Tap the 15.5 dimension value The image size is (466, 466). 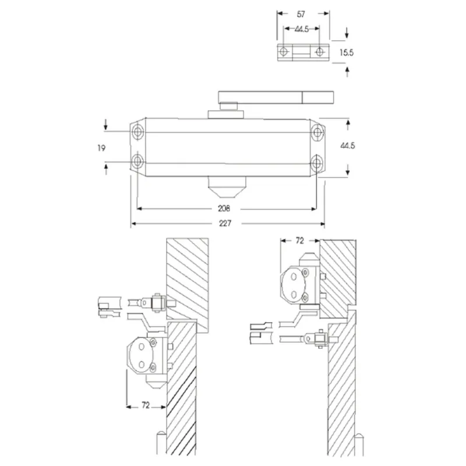[347, 52]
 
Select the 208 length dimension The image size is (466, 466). [224, 208]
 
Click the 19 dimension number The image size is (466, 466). [102, 149]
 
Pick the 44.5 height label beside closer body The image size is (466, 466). [347, 146]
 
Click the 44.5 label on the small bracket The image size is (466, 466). [302, 28]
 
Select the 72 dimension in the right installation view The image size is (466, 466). [300, 240]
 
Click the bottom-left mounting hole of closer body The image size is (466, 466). [138, 161]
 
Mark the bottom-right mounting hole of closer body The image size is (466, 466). [316, 161]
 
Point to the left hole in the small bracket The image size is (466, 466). [284, 52]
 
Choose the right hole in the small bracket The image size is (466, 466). [319, 52]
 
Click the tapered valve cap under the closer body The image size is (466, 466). [227, 188]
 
